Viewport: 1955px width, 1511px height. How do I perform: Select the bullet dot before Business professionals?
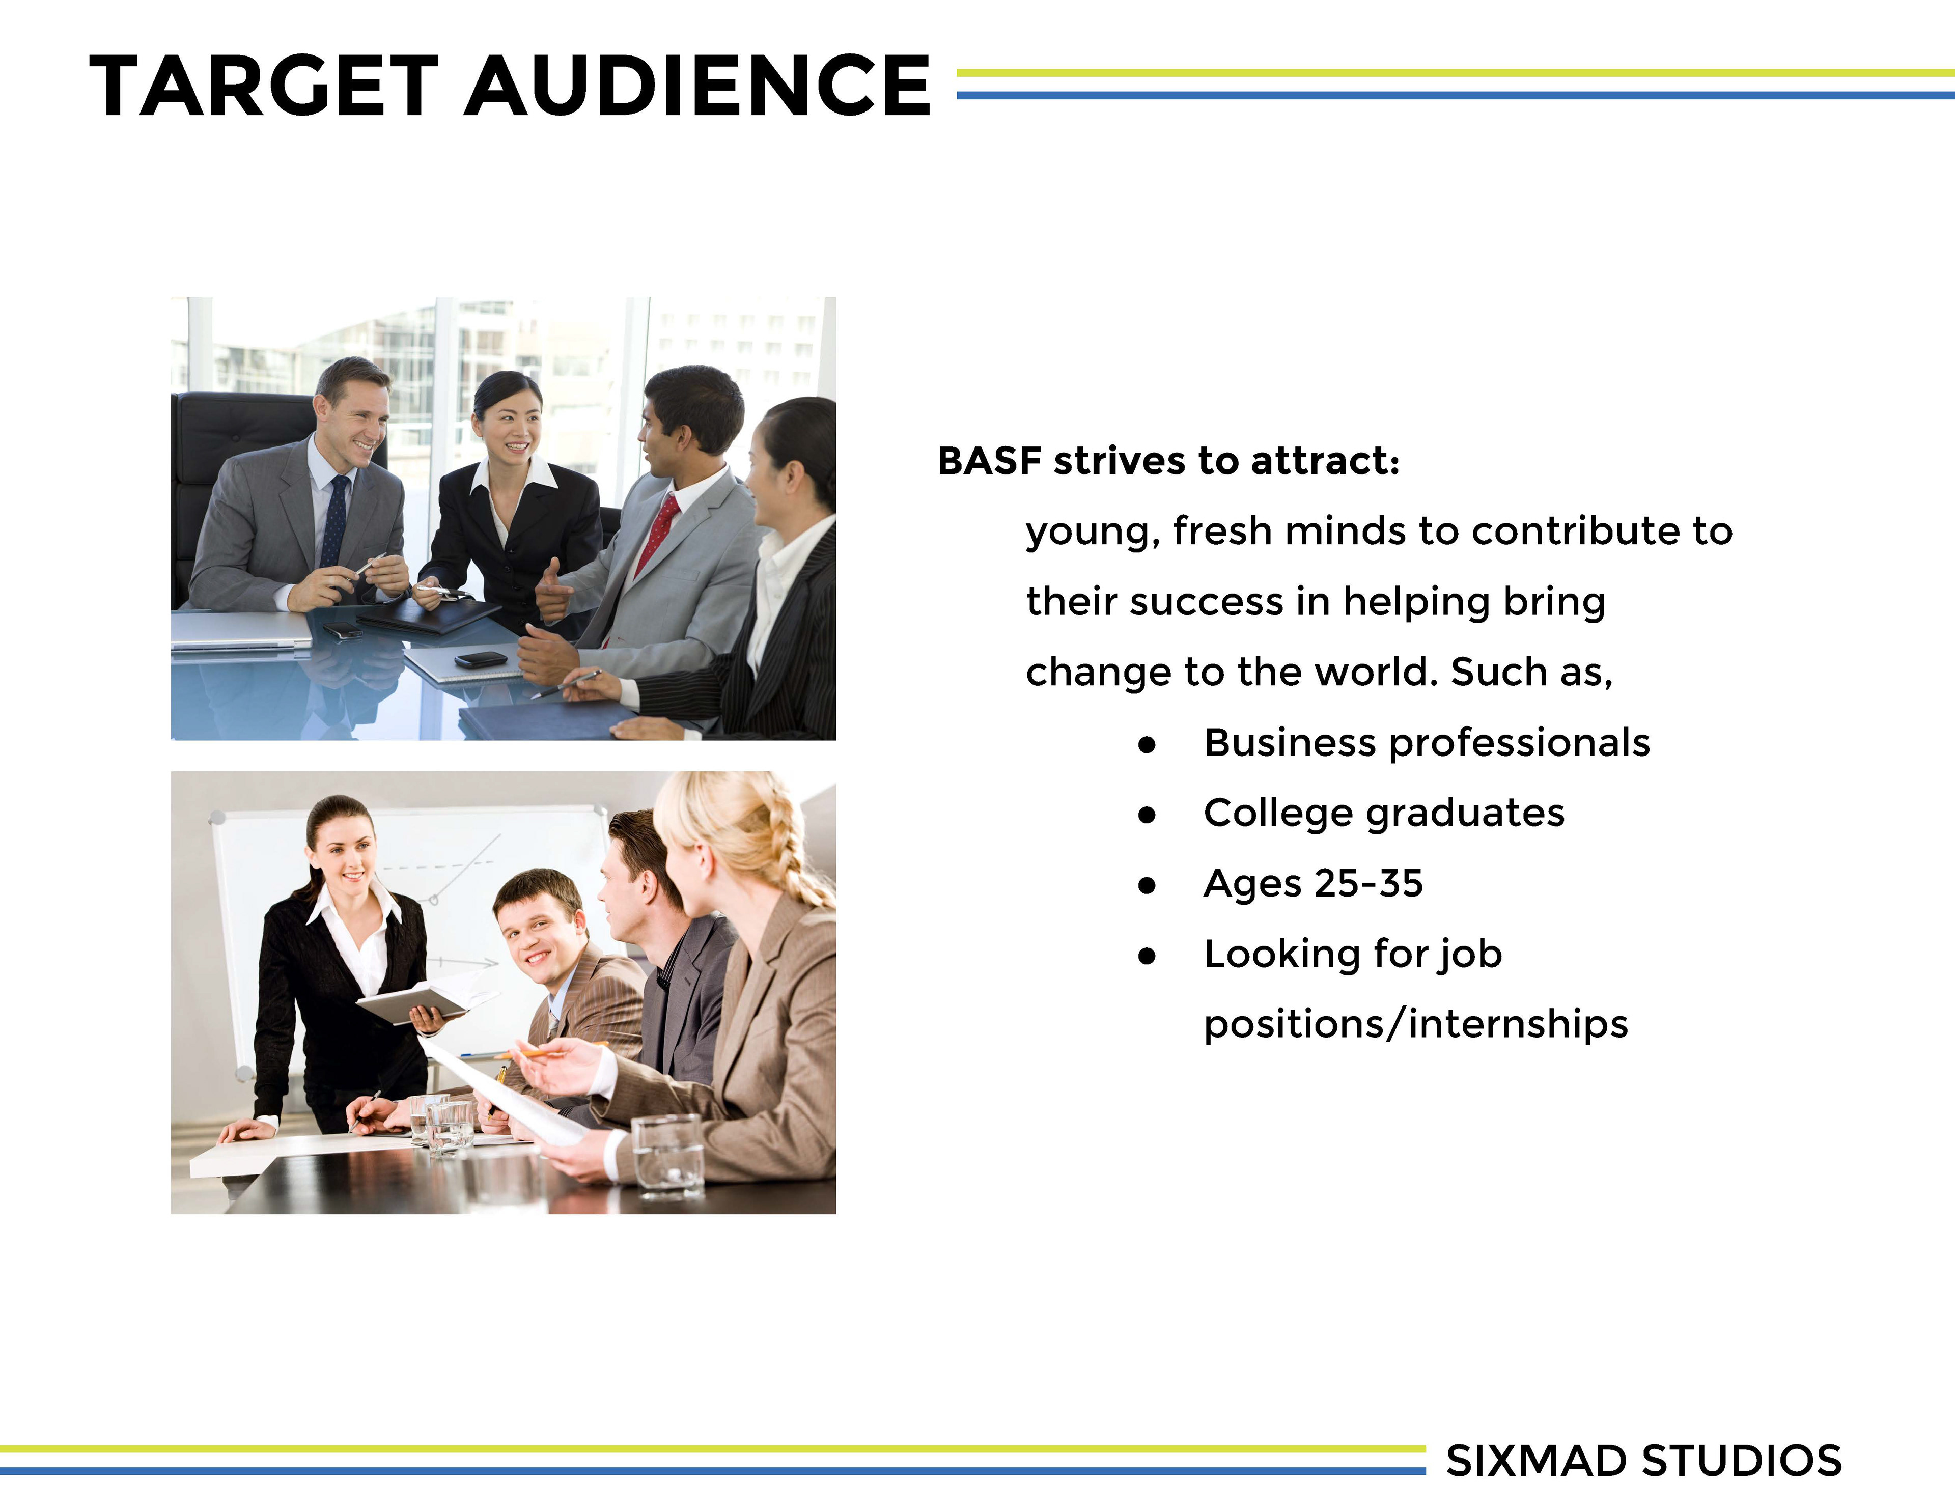1147,745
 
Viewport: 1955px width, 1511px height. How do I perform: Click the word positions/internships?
1415,1024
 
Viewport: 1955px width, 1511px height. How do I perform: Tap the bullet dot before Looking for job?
1147,956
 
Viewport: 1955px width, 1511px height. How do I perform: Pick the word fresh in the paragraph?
1222,531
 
